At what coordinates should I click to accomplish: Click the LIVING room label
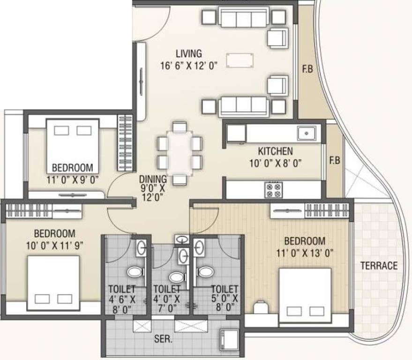coord(188,53)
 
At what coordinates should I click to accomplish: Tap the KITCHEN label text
coord(275,151)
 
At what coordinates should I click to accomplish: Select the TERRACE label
coord(379,266)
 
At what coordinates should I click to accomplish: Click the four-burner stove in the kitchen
coord(274,190)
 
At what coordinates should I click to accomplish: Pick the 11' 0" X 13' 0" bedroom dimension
coord(305,254)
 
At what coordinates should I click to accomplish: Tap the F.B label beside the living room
coord(307,70)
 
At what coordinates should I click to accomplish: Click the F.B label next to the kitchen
coord(335,160)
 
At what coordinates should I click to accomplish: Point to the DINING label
coord(152,179)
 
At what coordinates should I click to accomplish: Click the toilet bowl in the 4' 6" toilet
coord(135,272)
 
